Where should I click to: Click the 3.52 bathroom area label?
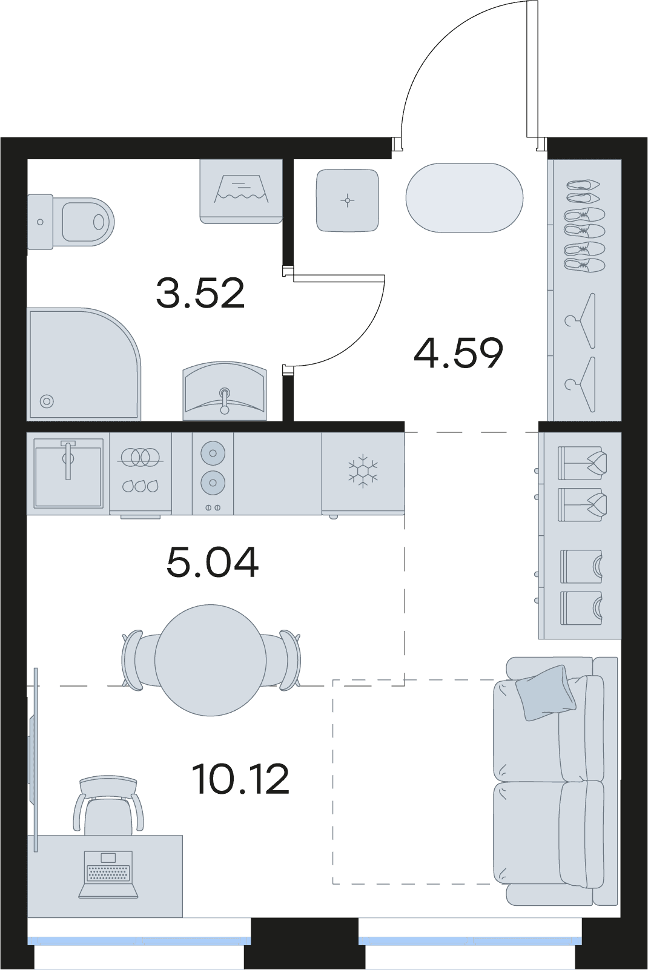[x=200, y=294]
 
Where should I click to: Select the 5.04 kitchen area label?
[x=212, y=563]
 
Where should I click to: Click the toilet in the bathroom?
[x=71, y=222]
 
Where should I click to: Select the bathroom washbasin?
[x=225, y=392]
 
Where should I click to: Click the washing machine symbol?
[x=241, y=191]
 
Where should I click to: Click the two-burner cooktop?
[x=213, y=473]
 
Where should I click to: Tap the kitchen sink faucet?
[x=68, y=460]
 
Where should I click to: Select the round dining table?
[x=211, y=661]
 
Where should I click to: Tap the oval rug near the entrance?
[x=465, y=197]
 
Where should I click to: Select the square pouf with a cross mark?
[x=348, y=200]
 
